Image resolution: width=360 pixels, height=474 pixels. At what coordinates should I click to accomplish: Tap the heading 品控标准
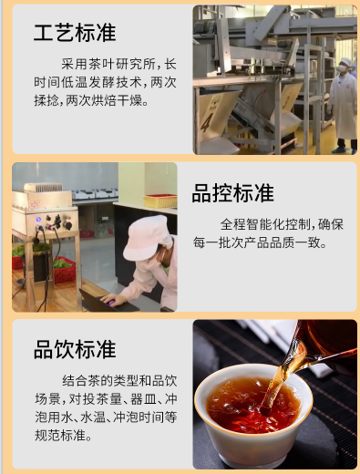(x=232, y=193)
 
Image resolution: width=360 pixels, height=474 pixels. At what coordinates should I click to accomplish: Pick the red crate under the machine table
(x=63, y=267)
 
